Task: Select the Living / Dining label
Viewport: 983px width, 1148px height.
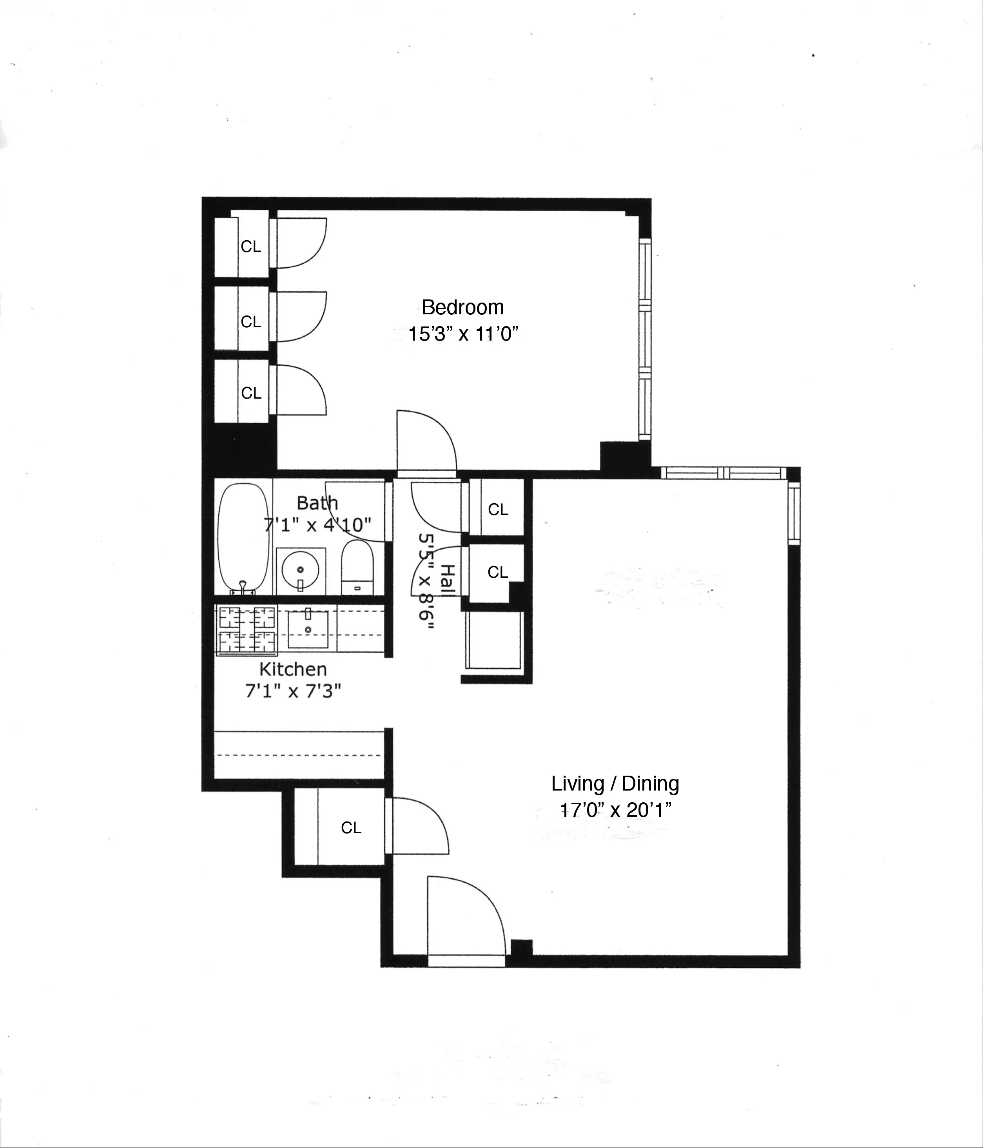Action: (x=615, y=783)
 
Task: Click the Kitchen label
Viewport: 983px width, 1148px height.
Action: (x=292, y=669)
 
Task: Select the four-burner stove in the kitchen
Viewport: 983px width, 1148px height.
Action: (x=248, y=630)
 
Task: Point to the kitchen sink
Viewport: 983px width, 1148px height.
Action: (x=308, y=629)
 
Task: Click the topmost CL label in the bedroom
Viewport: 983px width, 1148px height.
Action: (x=250, y=247)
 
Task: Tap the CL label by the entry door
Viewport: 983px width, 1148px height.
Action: (x=351, y=828)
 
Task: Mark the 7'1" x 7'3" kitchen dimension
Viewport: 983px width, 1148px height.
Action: (x=292, y=691)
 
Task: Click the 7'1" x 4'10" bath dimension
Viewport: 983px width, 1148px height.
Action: (x=317, y=524)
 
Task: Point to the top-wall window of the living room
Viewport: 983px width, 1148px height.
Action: (x=724, y=473)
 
